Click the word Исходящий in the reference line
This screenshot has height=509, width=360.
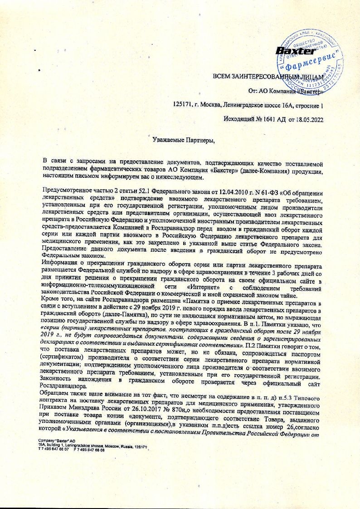239,120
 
